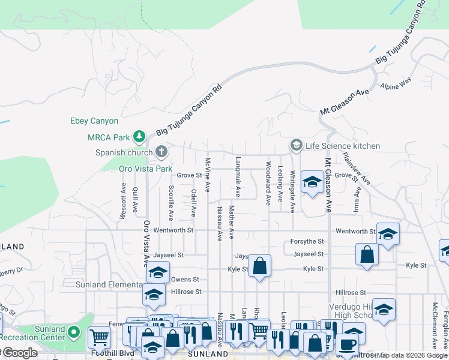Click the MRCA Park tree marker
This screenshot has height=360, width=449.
(x=139, y=137)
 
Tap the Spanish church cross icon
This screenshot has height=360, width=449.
(x=161, y=152)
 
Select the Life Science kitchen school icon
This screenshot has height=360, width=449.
(x=295, y=145)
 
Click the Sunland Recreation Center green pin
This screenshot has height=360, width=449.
(x=74, y=331)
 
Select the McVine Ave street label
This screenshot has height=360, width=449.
(x=207, y=175)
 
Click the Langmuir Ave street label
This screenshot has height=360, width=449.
(x=238, y=177)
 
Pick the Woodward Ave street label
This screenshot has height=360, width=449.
(x=268, y=182)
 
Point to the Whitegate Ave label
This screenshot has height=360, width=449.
(x=292, y=191)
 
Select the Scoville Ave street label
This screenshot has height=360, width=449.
(x=171, y=203)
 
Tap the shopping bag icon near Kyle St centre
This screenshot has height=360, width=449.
(x=259, y=266)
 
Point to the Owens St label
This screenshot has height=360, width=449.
(x=184, y=279)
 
